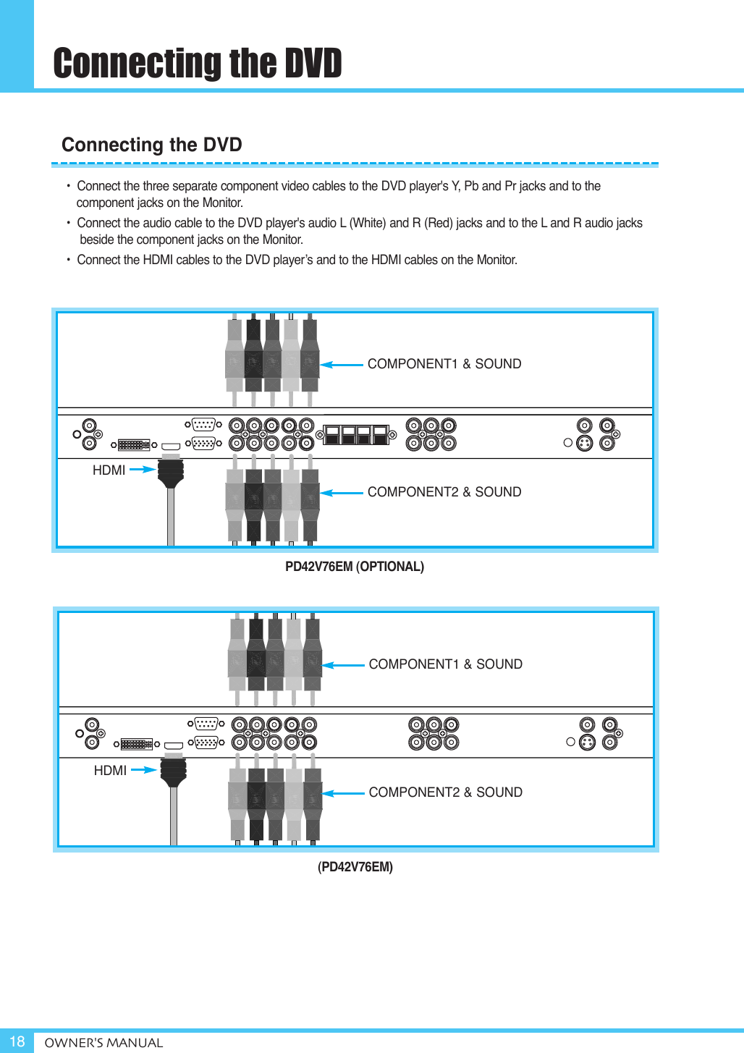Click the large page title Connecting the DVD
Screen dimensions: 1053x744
[197, 64]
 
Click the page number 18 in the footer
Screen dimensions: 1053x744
[17, 1041]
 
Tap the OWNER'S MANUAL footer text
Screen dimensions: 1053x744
[103, 1043]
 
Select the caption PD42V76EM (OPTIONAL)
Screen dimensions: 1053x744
[354, 567]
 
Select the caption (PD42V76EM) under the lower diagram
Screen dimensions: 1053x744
[355, 867]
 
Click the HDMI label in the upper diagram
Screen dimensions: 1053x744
[109, 470]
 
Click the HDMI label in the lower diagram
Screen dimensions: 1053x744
[110, 771]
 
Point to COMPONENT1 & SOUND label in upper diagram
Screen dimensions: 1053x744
[444, 364]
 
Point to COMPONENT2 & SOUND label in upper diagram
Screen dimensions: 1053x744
[444, 492]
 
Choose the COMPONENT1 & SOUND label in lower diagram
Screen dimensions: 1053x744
[445, 664]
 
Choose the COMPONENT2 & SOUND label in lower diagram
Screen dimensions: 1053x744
[445, 792]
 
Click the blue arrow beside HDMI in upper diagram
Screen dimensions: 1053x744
[143, 470]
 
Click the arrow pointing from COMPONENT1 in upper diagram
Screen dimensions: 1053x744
[342, 365]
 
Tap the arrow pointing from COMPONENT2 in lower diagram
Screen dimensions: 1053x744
[343, 793]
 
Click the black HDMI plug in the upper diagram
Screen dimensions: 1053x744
[171, 472]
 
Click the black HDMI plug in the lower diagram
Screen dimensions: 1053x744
[173, 771]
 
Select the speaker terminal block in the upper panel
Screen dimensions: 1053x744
[355, 435]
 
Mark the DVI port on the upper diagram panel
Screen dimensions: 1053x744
[134, 445]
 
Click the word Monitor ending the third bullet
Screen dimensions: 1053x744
[496, 260]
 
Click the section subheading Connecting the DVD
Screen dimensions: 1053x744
[151, 145]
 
